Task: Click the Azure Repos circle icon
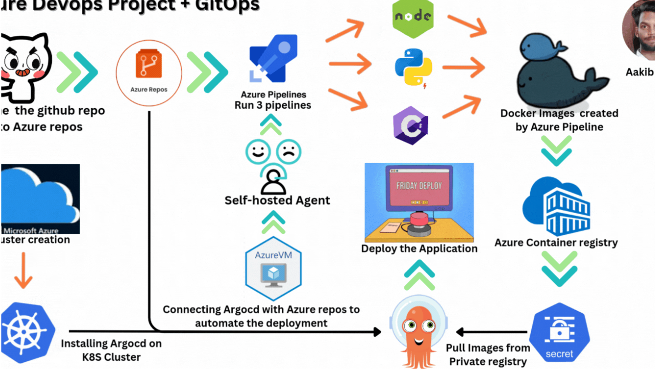(x=149, y=73)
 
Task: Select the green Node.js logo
(x=413, y=18)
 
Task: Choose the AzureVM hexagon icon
(x=273, y=268)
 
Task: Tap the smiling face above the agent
(x=257, y=152)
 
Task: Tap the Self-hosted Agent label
(x=277, y=200)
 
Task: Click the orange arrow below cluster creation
(x=23, y=271)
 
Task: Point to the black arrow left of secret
(x=491, y=332)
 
